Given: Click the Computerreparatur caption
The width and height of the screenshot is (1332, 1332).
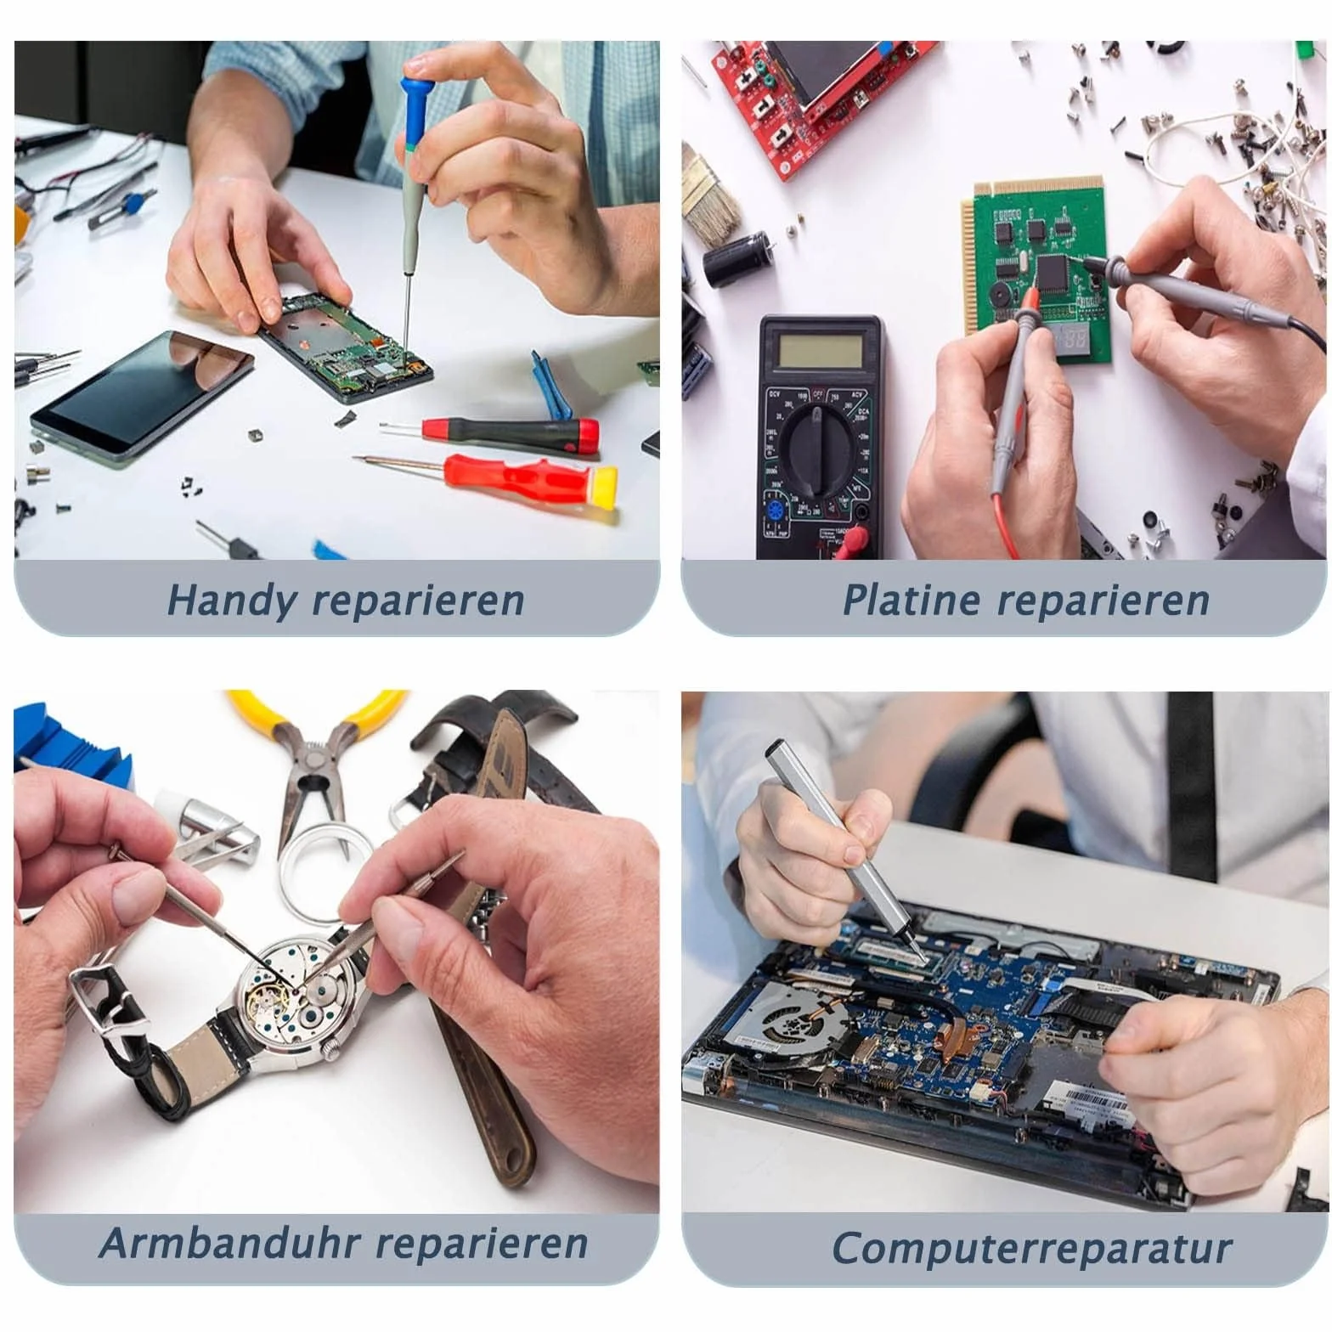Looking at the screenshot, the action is click(1031, 1249).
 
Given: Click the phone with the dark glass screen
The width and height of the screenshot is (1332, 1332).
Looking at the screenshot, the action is click(142, 395).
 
